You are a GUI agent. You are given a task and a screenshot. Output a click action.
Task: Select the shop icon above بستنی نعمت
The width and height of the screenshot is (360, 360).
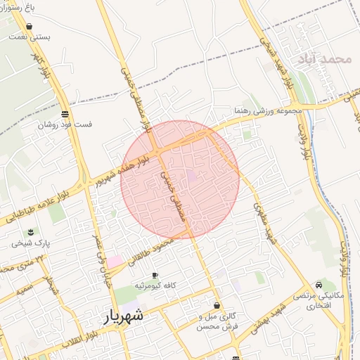tap(27, 26)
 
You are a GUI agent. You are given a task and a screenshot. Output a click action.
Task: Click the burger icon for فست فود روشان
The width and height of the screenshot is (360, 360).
tap(65, 114)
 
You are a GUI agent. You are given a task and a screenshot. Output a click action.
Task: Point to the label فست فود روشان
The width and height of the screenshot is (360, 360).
tap(65, 124)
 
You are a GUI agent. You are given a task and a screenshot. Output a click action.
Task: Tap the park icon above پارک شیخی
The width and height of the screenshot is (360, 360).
tap(30, 232)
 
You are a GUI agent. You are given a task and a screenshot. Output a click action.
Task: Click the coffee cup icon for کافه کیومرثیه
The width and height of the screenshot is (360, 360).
tap(155, 275)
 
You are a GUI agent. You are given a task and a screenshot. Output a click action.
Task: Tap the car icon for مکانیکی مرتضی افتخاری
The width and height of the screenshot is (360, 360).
tap(320, 285)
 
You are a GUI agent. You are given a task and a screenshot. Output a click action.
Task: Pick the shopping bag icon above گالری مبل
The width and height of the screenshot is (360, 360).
tap(216, 306)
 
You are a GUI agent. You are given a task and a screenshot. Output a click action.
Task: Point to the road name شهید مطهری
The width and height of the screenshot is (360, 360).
tap(265, 224)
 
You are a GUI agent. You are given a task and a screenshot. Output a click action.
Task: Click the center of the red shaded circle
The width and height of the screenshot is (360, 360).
tap(180, 179)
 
